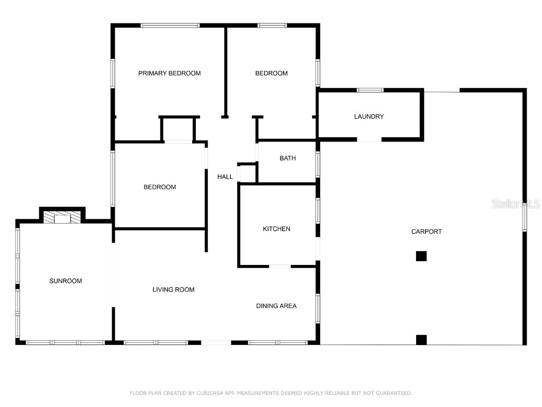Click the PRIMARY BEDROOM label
point(169,73)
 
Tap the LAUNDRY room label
point(369,117)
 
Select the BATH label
point(287,158)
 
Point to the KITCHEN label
point(276,229)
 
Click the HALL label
point(225,176)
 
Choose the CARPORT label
point(426,232)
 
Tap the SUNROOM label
point(66,281)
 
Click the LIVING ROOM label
point(173,289)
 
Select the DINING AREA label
point(276,306)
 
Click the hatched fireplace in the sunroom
point(62,217)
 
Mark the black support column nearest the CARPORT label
point(421,256)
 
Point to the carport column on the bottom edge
point(421,340)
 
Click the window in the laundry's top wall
point(370,90)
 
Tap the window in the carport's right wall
point(525,217)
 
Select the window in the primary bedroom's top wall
point(170,25)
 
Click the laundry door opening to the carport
point(369,139)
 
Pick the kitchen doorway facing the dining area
point(280,266)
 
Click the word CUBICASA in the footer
point(212,393)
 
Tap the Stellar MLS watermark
point(515,204)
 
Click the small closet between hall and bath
point(247,173)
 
